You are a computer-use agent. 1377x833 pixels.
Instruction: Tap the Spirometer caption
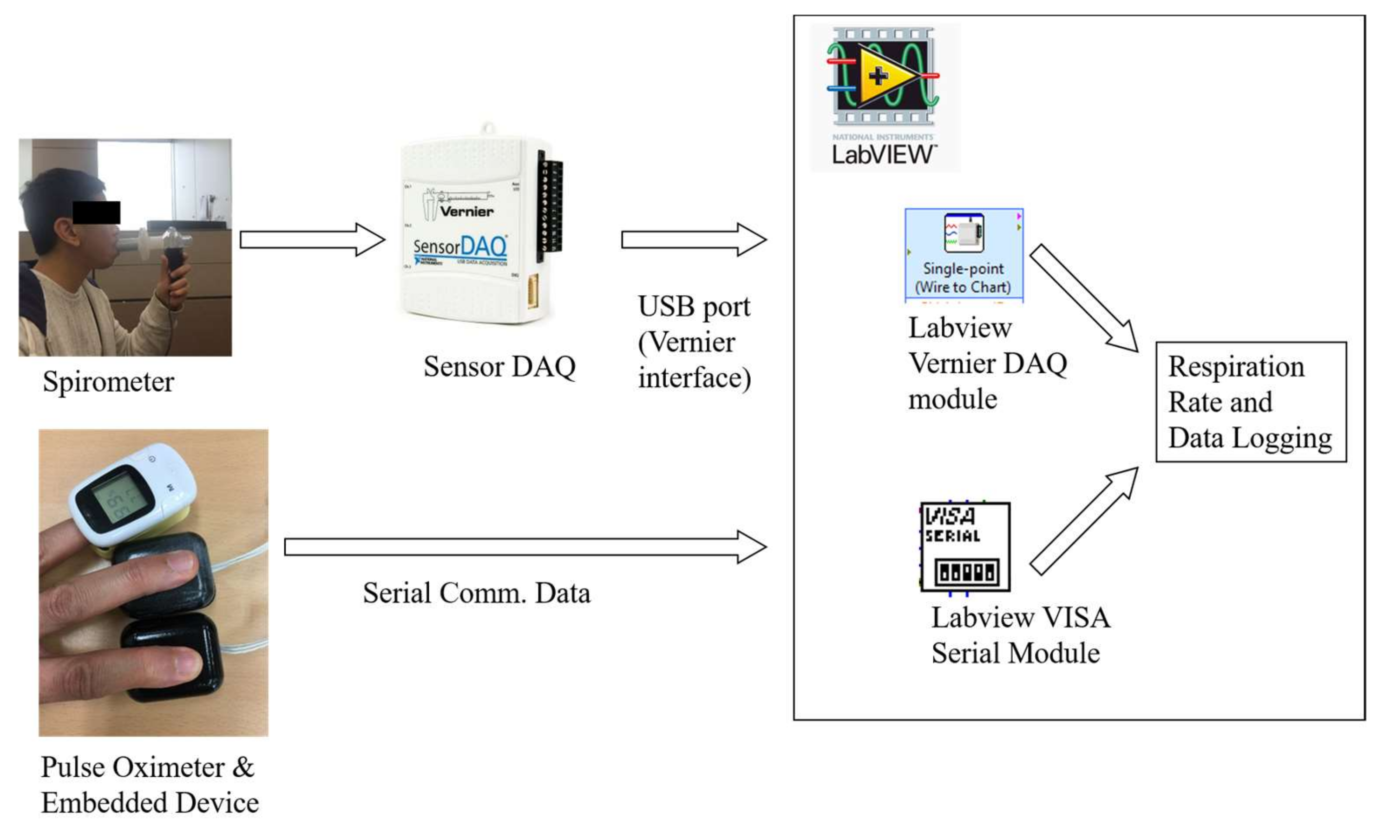tap(108, 382)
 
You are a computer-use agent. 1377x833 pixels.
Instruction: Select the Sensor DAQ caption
tap(499, 367)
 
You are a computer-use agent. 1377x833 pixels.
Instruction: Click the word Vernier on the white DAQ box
tap(466, 212)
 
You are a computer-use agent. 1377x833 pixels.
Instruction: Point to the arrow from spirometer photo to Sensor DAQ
tap(312, 240)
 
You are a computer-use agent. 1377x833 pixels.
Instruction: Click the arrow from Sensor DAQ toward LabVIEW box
tap(693, 240)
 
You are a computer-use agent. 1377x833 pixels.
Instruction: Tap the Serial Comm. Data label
tap(476, 593)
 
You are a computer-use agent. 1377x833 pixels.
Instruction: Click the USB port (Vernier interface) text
tap(694, 342)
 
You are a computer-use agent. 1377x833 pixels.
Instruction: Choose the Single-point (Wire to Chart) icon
tap(964, 255)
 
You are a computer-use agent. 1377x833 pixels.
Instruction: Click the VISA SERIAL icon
tap(965, 547)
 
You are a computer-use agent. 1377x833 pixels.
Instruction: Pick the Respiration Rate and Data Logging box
tap(1251, 402)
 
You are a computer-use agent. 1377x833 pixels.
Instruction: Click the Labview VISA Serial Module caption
tap(1019, 635)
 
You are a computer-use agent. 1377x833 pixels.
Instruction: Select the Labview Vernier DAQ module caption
tap(986, 364)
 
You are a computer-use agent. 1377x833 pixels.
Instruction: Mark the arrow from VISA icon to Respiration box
tap(1084, 521)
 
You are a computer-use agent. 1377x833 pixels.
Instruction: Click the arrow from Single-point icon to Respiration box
tap(1084, 297)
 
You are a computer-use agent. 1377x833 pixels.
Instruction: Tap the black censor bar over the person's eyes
tap(96, 212)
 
